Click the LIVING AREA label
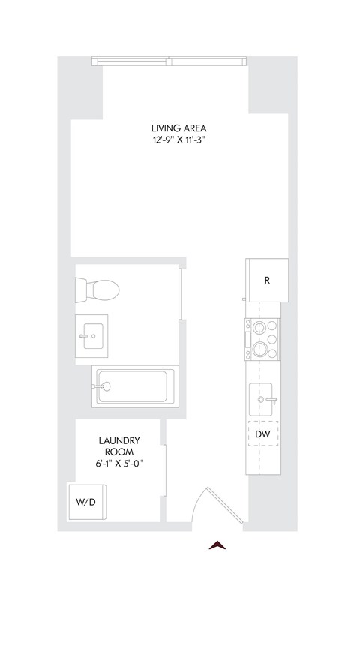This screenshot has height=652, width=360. [x=178, y=128]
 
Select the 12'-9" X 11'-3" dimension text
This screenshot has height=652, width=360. [x=178, y=140]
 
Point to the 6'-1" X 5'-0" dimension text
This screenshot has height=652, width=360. [x=120, y=464]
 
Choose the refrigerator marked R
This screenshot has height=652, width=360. [x=266, y=281]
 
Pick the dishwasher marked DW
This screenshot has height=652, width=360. [x=262, y=434]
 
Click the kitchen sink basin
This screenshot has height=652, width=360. [x=262, y=398]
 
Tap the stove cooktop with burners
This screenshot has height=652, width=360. [x=262, y=338]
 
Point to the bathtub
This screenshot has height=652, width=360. [x=135, y=386]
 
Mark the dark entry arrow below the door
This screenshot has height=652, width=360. [x=217, y=545]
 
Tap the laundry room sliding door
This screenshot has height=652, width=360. [x=164, y=470]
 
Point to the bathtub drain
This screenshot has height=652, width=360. [x=106, y=386]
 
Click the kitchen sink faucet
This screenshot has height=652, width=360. [x=273, y=399]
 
